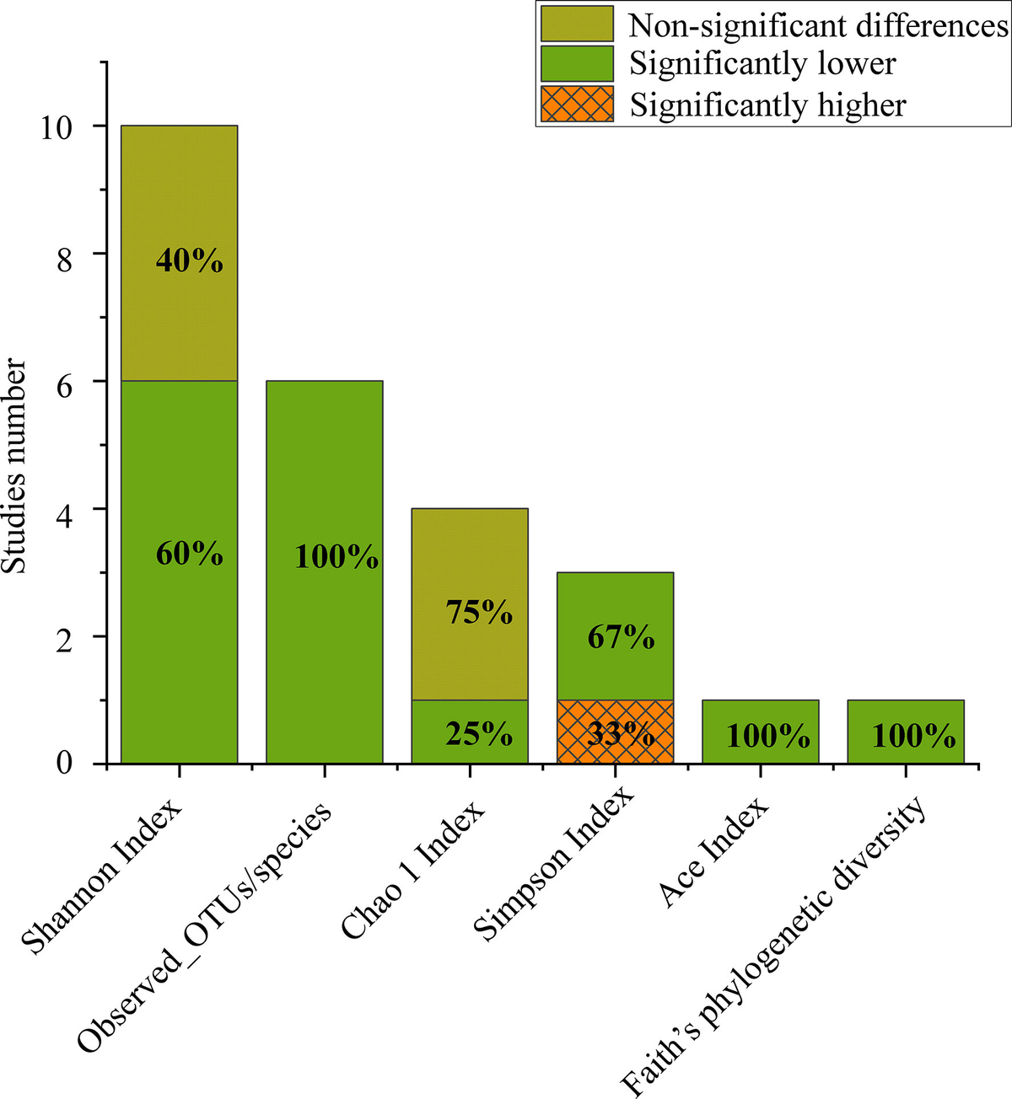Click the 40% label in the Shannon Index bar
tap(190, 261)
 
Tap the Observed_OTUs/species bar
tap(325, 573)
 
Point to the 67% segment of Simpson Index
tap(615, 637)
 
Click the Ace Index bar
tap(760, 732)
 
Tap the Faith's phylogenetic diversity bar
tap(905, 732)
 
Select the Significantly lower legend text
tap(762, 64)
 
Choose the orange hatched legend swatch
tap(577, 105)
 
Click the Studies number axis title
tap(15, 466)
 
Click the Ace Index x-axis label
tap(715, 851)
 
